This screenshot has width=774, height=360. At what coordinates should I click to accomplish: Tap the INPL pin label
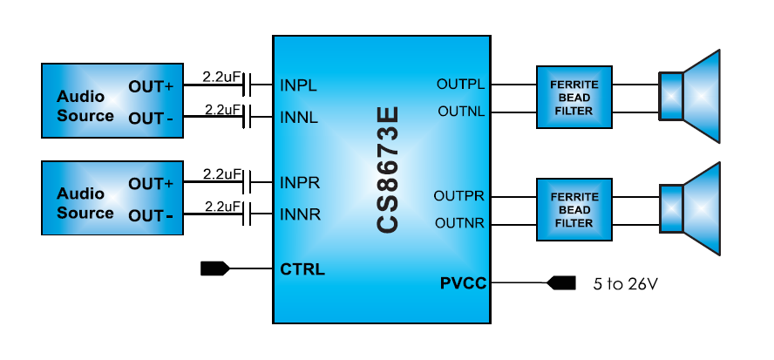pos(298,86)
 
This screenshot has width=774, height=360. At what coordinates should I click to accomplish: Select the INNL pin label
pos(299,115)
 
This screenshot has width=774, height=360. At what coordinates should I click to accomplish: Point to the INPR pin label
pos(299,183)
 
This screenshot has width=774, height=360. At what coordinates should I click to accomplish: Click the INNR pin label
pos(299,213)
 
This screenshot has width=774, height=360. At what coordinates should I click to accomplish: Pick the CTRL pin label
pos(302,269)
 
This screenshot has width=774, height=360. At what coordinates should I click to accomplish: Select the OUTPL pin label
pos(460,85)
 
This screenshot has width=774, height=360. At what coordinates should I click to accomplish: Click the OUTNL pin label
pos(461,112)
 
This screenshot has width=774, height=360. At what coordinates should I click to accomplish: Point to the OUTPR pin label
pos(459,196)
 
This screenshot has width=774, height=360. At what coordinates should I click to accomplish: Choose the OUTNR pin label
pos(460,224)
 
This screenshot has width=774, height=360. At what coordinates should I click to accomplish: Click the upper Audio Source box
pos(112,100)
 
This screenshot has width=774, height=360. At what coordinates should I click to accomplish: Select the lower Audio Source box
pos(112,198)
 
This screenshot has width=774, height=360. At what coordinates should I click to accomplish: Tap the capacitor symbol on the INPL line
pos(248,85)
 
